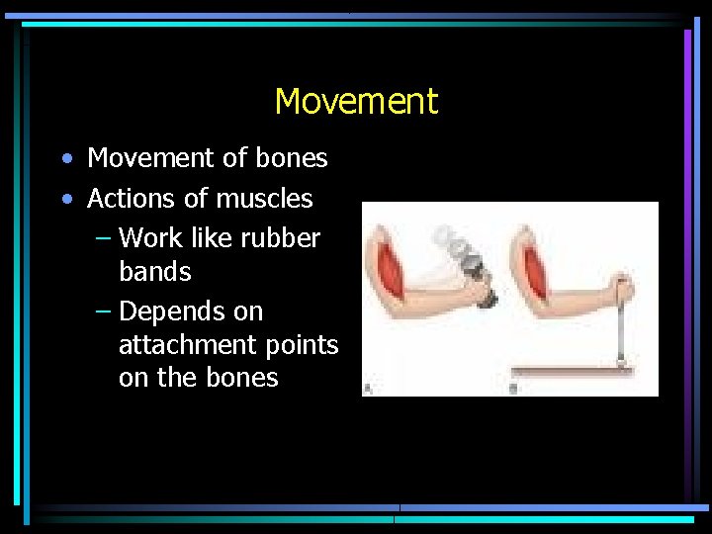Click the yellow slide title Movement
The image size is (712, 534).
tap(356, 101)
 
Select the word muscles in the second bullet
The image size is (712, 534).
tap(264, 199)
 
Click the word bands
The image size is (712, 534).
tap(154, 271)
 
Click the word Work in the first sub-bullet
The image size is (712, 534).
tap(150, 238)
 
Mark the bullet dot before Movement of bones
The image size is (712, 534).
tap(65, 159)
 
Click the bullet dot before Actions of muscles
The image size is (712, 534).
tap(65, 200)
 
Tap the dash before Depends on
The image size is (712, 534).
tap(104, 311)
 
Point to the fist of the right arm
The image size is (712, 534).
tap(622, 290)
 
